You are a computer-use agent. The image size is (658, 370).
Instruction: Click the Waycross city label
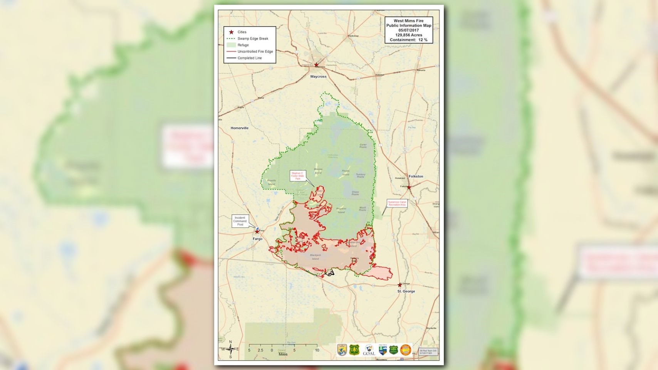(318, 77)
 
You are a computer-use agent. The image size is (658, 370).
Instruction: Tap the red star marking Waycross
(316, 65)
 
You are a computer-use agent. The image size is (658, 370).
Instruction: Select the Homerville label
(240, 128)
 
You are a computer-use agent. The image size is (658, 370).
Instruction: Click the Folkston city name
(416, 177)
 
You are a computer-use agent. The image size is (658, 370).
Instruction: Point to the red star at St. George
(399, 286)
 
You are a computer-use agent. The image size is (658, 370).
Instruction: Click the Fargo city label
(257, 239)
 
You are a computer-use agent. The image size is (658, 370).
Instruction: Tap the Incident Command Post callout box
(240, 221)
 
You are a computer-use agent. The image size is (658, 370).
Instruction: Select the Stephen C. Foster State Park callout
(298, 176)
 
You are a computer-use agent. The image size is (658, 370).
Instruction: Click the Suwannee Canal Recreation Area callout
(397, 203)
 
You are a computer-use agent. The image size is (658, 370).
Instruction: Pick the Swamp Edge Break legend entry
(253, 39)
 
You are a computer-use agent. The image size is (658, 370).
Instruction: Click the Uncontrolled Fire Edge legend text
(255, 52)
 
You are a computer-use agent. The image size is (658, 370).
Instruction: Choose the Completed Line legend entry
(249, 58)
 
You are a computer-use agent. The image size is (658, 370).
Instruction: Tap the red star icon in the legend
(232, 32)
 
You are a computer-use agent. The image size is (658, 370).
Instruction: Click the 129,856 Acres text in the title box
(409, 35)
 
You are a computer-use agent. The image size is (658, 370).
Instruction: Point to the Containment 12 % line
(409, 40)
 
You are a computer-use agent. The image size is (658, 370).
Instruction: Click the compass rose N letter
(231, 342)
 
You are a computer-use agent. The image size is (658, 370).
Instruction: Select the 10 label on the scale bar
(317, 350)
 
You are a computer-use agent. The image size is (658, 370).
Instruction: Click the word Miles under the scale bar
(283, 354)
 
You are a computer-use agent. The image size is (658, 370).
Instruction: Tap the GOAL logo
(369, 350)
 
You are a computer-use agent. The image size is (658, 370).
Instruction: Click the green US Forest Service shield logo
(354, 350)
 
